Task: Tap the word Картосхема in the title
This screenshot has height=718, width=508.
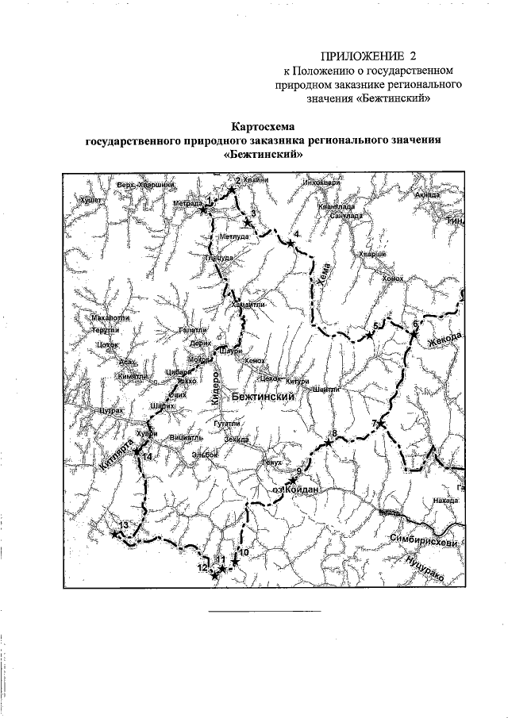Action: (264, 126)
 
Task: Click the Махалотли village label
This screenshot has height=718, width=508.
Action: (110, 318)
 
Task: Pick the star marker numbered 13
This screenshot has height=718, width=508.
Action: (116, 534)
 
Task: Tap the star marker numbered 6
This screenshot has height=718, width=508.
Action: (413, 333)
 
